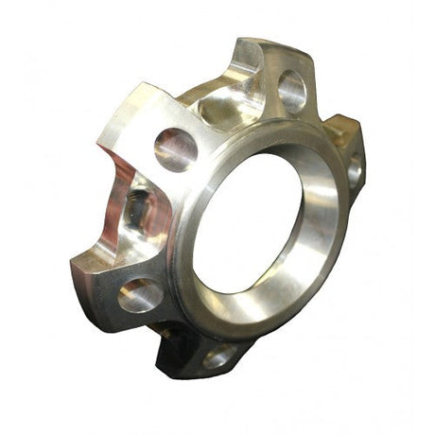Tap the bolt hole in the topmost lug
click(x=291, y=92)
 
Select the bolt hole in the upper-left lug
click(x=176, y=148)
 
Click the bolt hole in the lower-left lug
click(x=139, y=295)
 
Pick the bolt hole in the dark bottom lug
click(x=219, y=357)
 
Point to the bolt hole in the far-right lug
click(x=355, y=170)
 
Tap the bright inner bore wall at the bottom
click(x=251, y=293)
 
